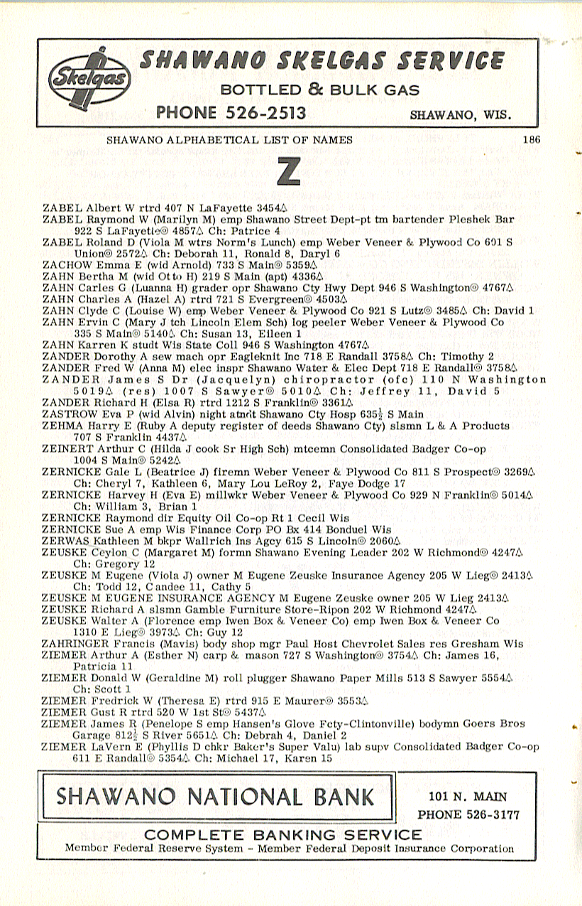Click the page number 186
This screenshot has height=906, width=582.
coord(531,140)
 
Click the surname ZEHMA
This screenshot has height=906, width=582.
coord(61,426)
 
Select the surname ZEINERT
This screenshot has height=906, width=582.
coord(67,449)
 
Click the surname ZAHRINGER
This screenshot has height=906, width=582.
coord(74,644)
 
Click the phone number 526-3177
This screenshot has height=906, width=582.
coord(468,814)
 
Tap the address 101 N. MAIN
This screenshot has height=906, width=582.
coord(468,797)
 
